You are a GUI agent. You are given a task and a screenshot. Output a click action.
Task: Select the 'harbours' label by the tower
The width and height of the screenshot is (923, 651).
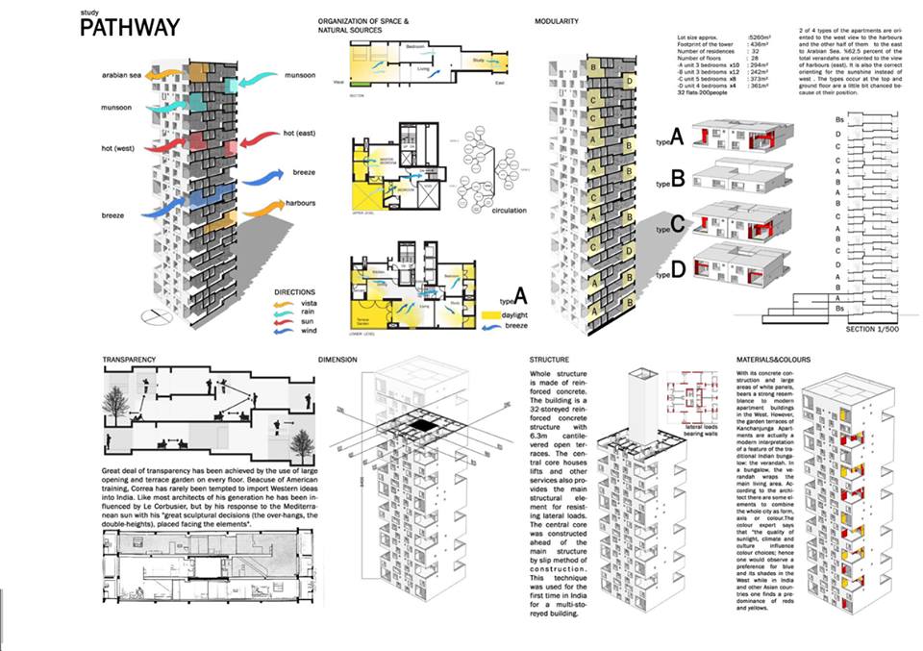301,203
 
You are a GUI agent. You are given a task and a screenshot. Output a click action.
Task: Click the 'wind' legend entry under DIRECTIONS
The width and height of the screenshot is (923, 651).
307,330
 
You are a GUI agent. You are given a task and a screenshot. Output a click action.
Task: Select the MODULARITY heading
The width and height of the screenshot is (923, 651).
562,20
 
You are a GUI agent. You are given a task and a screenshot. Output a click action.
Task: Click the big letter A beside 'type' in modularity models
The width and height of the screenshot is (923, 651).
676,138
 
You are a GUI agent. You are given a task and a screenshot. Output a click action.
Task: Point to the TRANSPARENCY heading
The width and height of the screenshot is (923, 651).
130,360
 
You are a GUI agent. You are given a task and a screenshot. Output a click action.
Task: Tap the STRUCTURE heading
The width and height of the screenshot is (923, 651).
549,360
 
